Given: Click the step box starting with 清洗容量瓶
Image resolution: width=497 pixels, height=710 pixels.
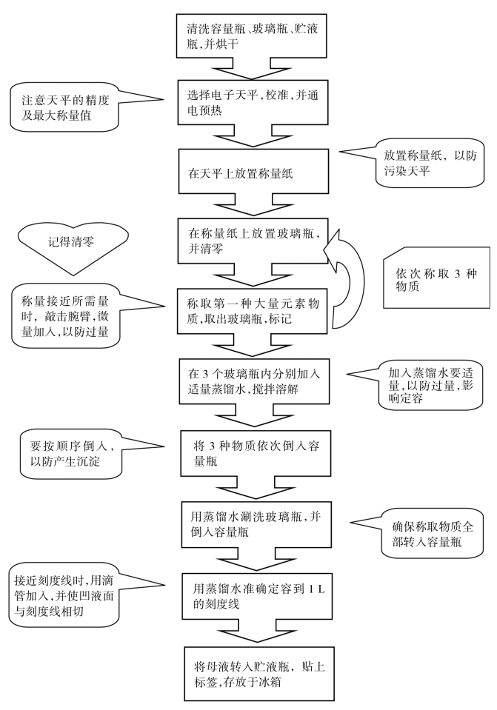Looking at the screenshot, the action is point(251,36).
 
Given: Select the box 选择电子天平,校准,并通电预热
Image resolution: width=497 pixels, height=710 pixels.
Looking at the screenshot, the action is point(253,102).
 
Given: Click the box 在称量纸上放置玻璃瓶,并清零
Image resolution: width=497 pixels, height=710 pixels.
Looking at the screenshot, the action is point(252,241).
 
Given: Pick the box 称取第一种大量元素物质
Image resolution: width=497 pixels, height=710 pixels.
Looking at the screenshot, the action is point(253,311).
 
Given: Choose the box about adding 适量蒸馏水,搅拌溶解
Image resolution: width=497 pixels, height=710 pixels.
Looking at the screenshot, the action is point(254,381).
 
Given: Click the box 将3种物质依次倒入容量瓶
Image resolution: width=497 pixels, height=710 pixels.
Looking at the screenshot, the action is point(256,453).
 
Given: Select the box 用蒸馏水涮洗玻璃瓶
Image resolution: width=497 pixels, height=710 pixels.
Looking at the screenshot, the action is point(256,524).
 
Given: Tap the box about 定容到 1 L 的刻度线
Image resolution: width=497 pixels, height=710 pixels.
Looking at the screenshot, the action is point(257,596).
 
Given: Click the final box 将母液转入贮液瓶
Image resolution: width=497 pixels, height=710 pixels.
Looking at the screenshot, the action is point(259,674).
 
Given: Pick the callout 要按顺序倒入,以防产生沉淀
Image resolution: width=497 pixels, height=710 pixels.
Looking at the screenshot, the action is point(71,454).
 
